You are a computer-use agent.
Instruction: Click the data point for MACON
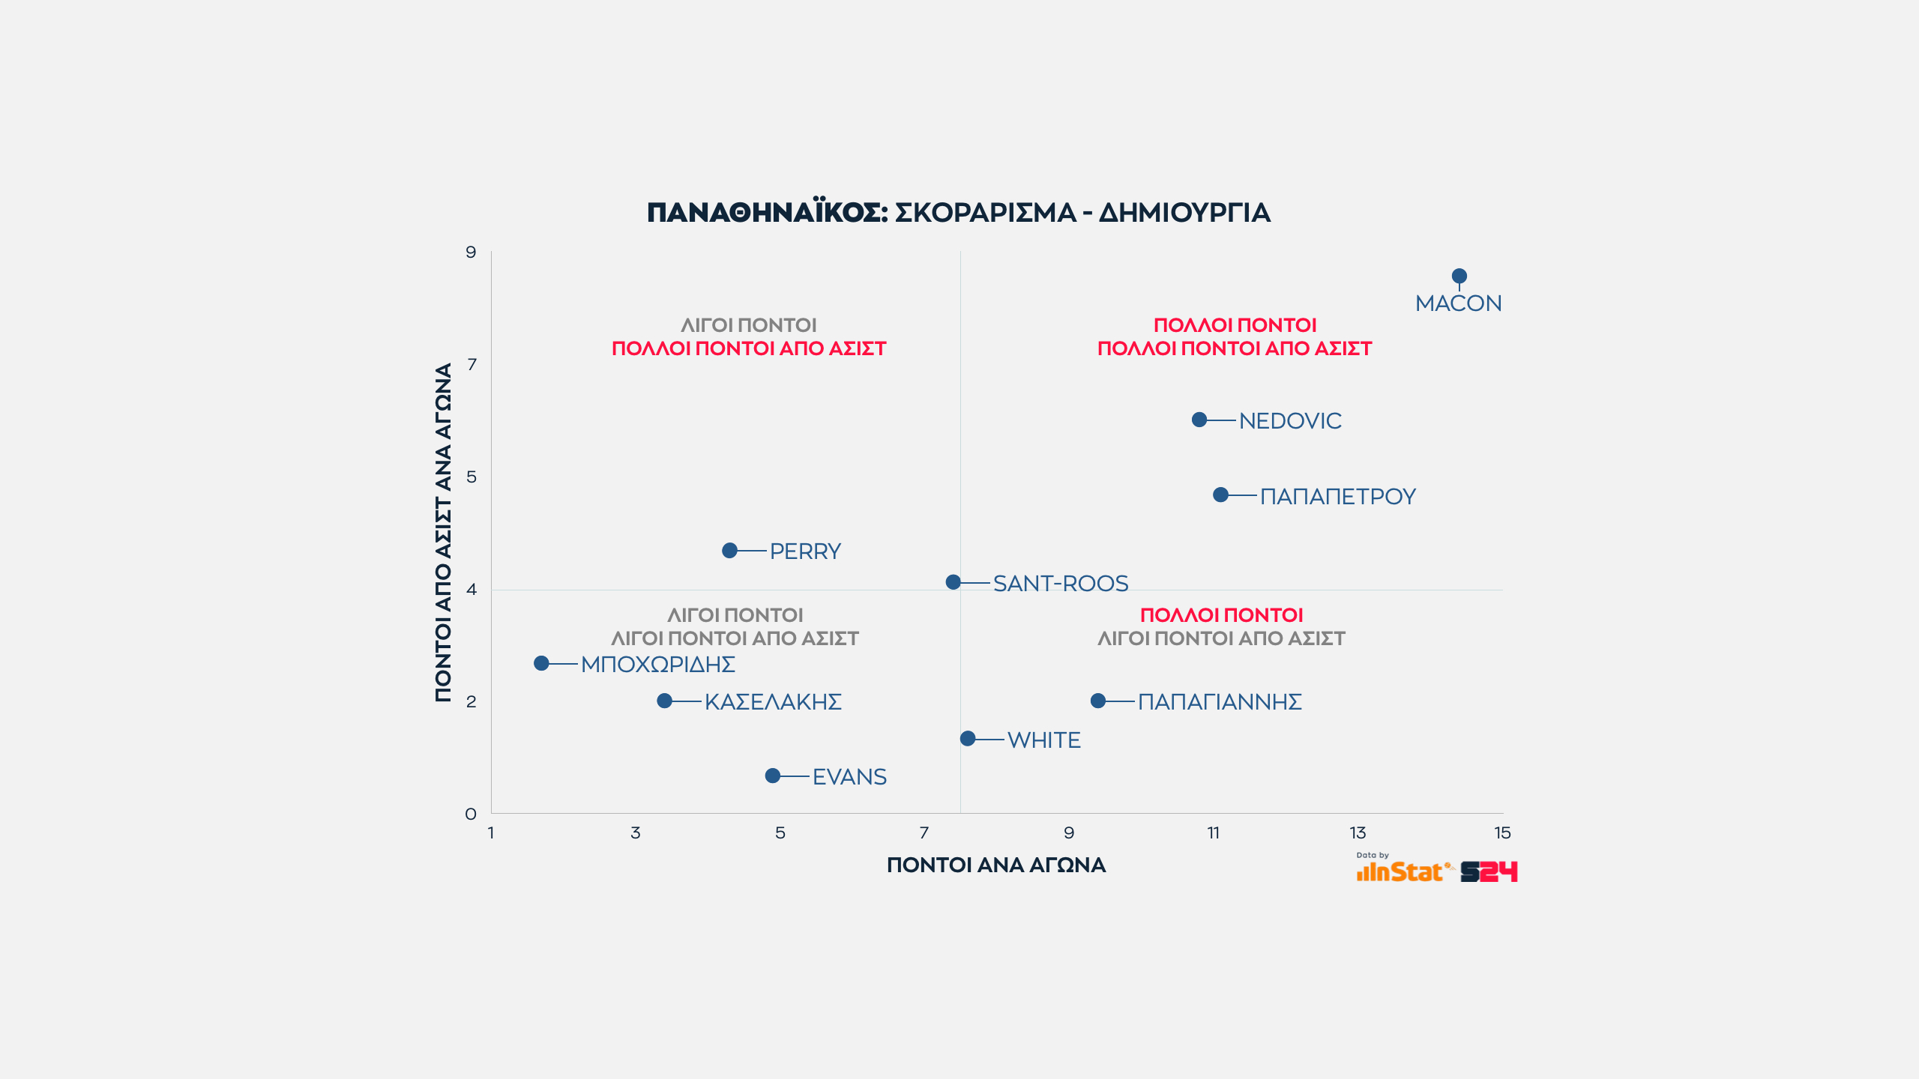(x=1459, y=276)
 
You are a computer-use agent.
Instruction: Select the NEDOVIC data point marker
(x=1199, y=420)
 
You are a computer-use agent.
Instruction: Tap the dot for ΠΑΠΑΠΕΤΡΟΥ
(x=1220, y=495)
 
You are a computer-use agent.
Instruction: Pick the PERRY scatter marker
(x=729, y=551)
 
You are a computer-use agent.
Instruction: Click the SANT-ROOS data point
(x=953, y=582)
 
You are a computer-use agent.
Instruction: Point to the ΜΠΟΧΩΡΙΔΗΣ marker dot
(x=541, y=663)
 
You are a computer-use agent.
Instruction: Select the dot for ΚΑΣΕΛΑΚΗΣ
(x=664, y=701)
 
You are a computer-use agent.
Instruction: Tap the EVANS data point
(x=772, y=776)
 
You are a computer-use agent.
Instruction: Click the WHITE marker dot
(x=968, y=739)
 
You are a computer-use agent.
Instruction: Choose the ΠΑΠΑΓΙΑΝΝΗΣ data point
(x=1098, y=701)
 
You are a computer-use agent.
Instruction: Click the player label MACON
(x=1458, y=303)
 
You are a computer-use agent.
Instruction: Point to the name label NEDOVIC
(x=1290, y=421)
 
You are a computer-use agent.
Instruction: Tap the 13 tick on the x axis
(x=1358, y=832)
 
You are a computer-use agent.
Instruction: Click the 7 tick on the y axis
(x=472, y=365)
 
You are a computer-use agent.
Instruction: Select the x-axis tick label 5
(x=780, y=832)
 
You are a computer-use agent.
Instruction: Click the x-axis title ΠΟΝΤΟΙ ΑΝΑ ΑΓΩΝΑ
(x=996, y=865)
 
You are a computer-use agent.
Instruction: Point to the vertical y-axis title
(x=444, y=532)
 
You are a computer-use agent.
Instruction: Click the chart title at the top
(x=959, y=213)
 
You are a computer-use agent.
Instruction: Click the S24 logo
(x=1489, y=871)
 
